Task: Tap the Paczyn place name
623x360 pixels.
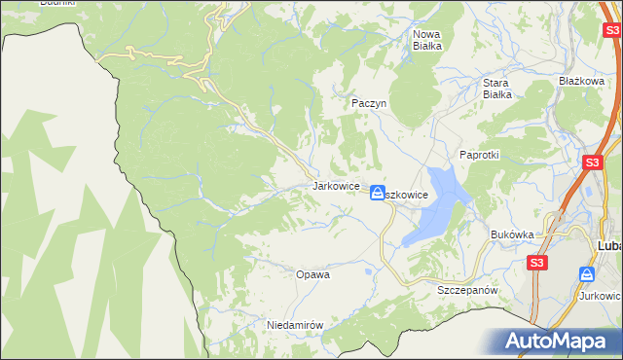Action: pos(369,102)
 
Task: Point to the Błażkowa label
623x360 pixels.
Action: pos(582,81)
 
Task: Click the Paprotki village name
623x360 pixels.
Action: pos(479,155)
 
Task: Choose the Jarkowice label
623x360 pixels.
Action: pos(336,185)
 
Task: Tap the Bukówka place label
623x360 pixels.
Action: pos(513,234)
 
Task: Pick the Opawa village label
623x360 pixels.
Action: pos(312,274)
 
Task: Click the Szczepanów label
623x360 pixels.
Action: pos(467,291)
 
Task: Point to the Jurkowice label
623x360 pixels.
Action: pos(600,295)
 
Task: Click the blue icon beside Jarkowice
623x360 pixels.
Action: pos(377,194)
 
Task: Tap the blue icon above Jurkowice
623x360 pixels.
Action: pos(587,274)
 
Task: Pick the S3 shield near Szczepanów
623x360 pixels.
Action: pos(537,263)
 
